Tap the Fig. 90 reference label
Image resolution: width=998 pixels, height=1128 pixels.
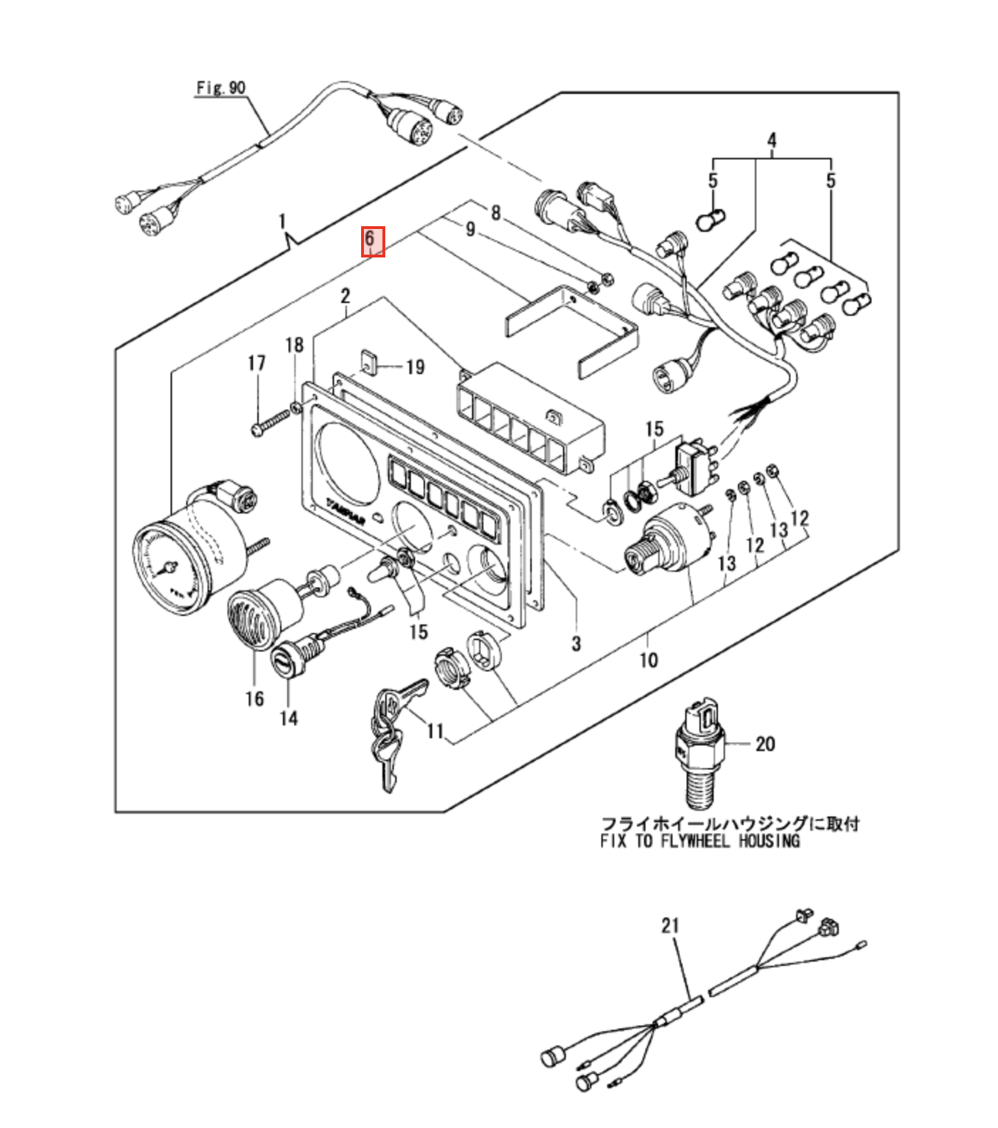click(220, 88)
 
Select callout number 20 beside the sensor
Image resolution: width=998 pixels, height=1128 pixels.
click(765, 744)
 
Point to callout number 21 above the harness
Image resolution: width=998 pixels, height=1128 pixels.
click(670, 925)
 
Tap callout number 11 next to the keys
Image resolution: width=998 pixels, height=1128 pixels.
click(435, 730)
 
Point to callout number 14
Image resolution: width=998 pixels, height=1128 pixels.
click(288, 718)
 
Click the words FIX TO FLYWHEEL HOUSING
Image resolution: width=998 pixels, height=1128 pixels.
click(700, 841)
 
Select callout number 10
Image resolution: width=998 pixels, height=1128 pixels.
click(648, 660)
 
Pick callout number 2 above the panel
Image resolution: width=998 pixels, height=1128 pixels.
click(345, 295)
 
